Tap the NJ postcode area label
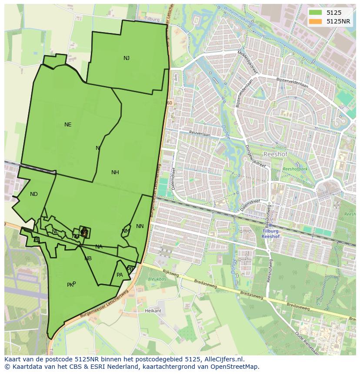tap(127, 58)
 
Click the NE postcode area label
tap(68, 125)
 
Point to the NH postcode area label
tap(115, 172)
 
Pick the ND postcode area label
tap(34, 194)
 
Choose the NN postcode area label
tap(140, 226)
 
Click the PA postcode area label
tap(120, 275)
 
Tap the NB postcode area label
tap(88, 258)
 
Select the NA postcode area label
tap(99, 247)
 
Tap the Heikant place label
tap(153, 311)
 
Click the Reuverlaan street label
tap(200, 135)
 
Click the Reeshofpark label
tap(295, 169)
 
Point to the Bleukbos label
tap(155, 280)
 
